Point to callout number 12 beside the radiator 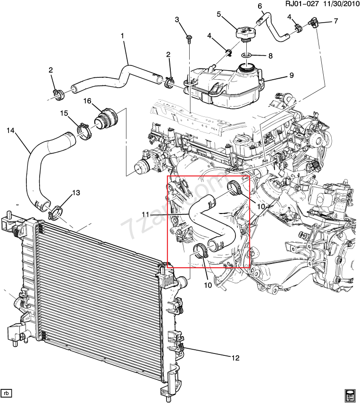(x=236, y=358)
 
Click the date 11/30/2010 (x=336, y=5)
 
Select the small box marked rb (x=7, y=392)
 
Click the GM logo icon (x=350, y=394)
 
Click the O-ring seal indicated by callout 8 (x=248, y=56)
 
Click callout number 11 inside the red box (x=147, y=214)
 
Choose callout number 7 (x=336, y=21)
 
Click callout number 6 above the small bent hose (x=260, y=6)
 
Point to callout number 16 (x=87, y=101)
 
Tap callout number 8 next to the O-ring (x=270, y=56)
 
